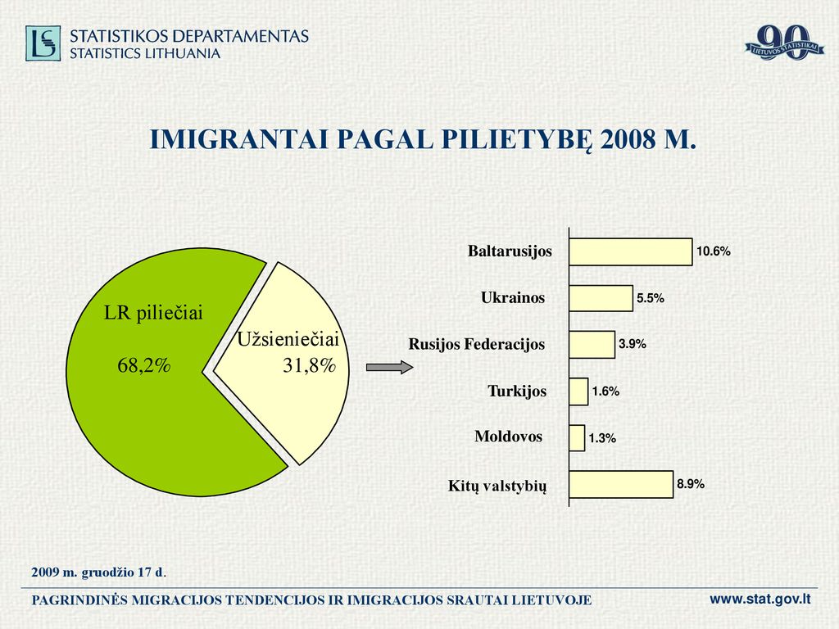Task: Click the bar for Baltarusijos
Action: pos(631,252)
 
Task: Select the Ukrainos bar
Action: pos(601,298)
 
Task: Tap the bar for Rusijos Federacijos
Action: pos(592,345)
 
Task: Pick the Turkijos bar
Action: pos(579,391)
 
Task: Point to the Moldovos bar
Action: pos(578,438)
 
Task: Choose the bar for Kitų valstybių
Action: pos(621,485)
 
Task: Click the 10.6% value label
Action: pos(714,251)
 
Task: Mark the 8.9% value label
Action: pos(691,484)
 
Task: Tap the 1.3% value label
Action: pos(602,439)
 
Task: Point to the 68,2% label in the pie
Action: pos(144,366)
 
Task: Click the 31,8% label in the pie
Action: pos(309,366)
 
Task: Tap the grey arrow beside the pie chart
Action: pos(389,368)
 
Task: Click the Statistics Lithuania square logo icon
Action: pos(43,43)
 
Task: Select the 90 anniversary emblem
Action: pos(784,43)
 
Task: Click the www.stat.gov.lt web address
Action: pos(760,599)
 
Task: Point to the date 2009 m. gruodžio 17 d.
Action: pos(98,572)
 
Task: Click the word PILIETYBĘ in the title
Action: pos(517,139)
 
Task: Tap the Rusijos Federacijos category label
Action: pos(477,344)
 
